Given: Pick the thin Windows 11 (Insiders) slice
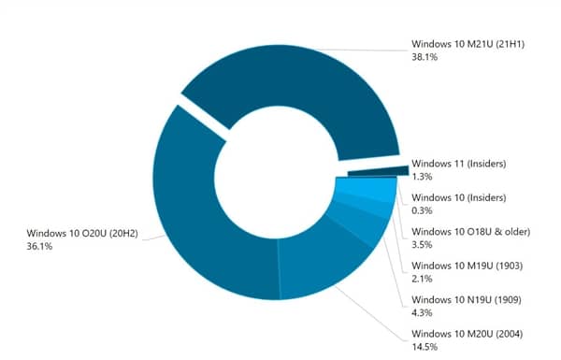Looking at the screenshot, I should coord(378,171).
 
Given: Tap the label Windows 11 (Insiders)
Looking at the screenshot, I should coord(459,164).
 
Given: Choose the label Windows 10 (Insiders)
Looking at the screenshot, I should coord(458,197).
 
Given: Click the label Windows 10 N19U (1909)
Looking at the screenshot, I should coord(462,300).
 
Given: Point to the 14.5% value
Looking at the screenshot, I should coord(425,347).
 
